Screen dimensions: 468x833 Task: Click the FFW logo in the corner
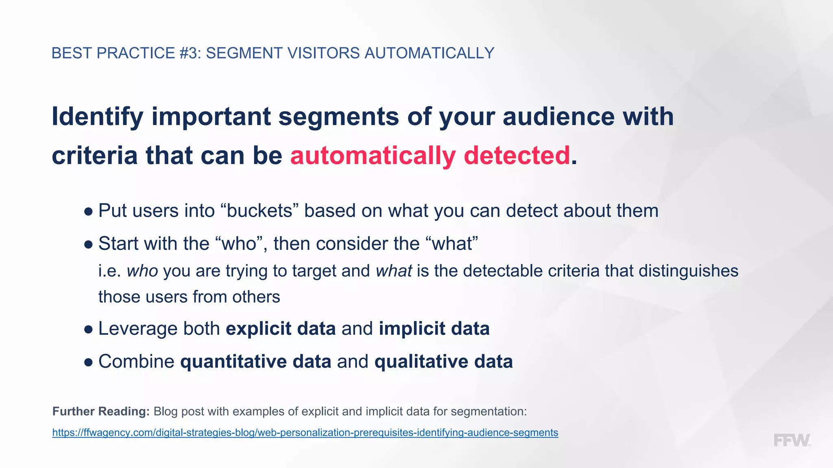point(792,440)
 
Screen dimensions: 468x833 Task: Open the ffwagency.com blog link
point(305,433)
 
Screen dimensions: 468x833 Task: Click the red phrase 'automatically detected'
point(430,156)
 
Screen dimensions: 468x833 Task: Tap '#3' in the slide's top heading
point(190,53)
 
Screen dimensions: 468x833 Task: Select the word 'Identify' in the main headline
point(97,117)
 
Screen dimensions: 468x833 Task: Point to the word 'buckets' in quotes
point(259,211)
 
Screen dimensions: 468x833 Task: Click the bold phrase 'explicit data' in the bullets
point(281,329)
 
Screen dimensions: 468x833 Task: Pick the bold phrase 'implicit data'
point(434,329)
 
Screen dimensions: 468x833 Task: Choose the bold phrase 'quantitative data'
point(255,362)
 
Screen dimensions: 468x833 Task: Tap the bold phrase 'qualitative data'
point(443,362)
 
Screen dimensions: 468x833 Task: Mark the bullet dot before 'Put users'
point(88,212)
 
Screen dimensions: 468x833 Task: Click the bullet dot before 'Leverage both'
point(88,329)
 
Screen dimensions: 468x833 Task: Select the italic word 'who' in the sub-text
point(142,271)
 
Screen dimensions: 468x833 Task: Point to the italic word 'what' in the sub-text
point(394,271)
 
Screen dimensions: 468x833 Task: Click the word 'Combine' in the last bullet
point(136,362)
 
